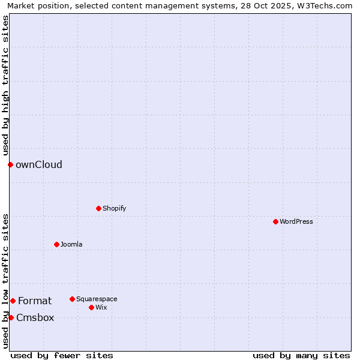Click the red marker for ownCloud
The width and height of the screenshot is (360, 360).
pyautogui.click(x=10, y=164)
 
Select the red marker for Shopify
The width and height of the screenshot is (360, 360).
pyautogui.click(x=98, y=208)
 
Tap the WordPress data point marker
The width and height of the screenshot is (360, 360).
pyautogui.click(x=275, y=221)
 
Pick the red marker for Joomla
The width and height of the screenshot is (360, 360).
pyautogui.click(x=56, y=244)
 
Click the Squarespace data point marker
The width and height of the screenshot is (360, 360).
pyautogui.click(x=72, y=299)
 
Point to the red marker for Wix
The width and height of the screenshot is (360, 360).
pyautogui.click(x=91, y=307)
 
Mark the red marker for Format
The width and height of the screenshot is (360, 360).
pyautogui.click(x=13, y=301)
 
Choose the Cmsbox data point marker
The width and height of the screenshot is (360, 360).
pyautogui.click(x=11, y=317)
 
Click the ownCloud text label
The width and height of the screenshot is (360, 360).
pyautogui.click(x=39, y=165)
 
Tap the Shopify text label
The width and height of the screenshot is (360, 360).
pyautogui.click(x=114, y=208)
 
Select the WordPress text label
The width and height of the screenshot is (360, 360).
pyautogui.click(x=296, y=221)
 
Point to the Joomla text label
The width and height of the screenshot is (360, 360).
pyautogui.click(x=71, y=244)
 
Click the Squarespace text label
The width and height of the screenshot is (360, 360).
pyautogui.click(x=97, y=299)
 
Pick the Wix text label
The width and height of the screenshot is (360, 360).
pyautogui.click(x=101, y=307)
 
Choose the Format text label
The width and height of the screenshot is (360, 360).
pyautogui.click(x=35, y=301)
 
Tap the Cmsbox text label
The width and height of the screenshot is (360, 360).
pyautogui.click(x=35, y=318)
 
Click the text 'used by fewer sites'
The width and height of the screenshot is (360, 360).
pyautogui.click(x=62, y=355)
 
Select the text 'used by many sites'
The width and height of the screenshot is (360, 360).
pyautogui.click(x=301, y=355)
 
